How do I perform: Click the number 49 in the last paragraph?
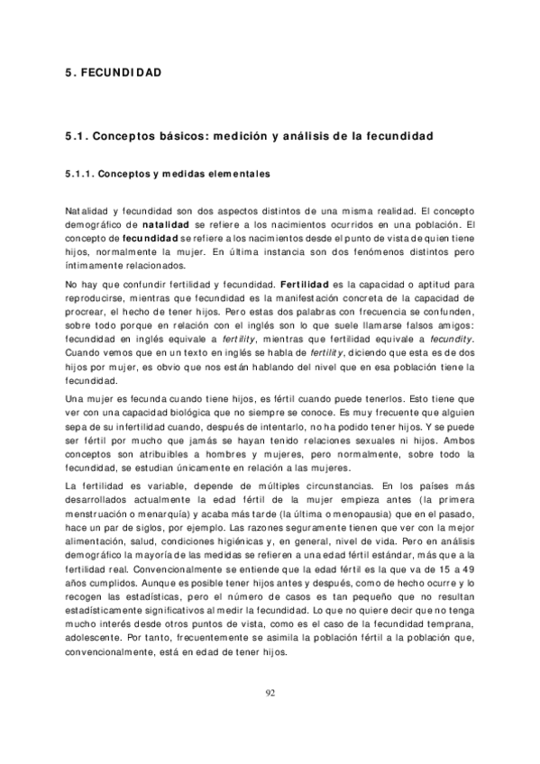coord(468,570)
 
